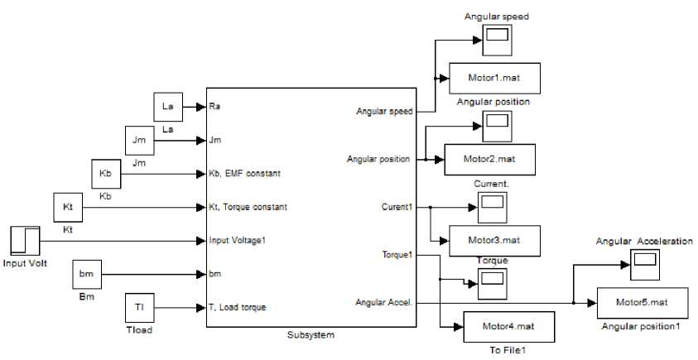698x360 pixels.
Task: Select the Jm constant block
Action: (138, 141)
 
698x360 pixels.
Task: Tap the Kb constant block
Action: (105, 174)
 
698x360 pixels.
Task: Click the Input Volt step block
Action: (25, 240)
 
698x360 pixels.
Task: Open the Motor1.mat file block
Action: (495, 78)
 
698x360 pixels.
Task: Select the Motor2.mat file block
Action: (491, 158)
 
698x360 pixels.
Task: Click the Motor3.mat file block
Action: (495, 240)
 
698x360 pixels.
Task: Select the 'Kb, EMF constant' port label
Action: (246, 174)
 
